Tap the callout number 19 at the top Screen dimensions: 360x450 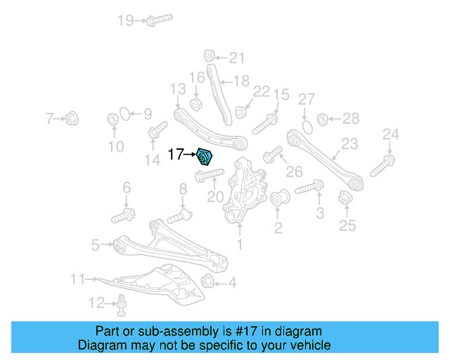(126, 20)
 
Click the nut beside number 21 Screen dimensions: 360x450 (210, 56)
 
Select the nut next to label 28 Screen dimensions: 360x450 (323, 118)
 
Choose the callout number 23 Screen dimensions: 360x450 (349, 144)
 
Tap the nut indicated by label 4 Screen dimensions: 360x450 (209, 283)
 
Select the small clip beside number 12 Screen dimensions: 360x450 (122, 303)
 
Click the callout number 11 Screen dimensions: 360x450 (77, 279)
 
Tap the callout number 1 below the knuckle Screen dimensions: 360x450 (240, 245)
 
